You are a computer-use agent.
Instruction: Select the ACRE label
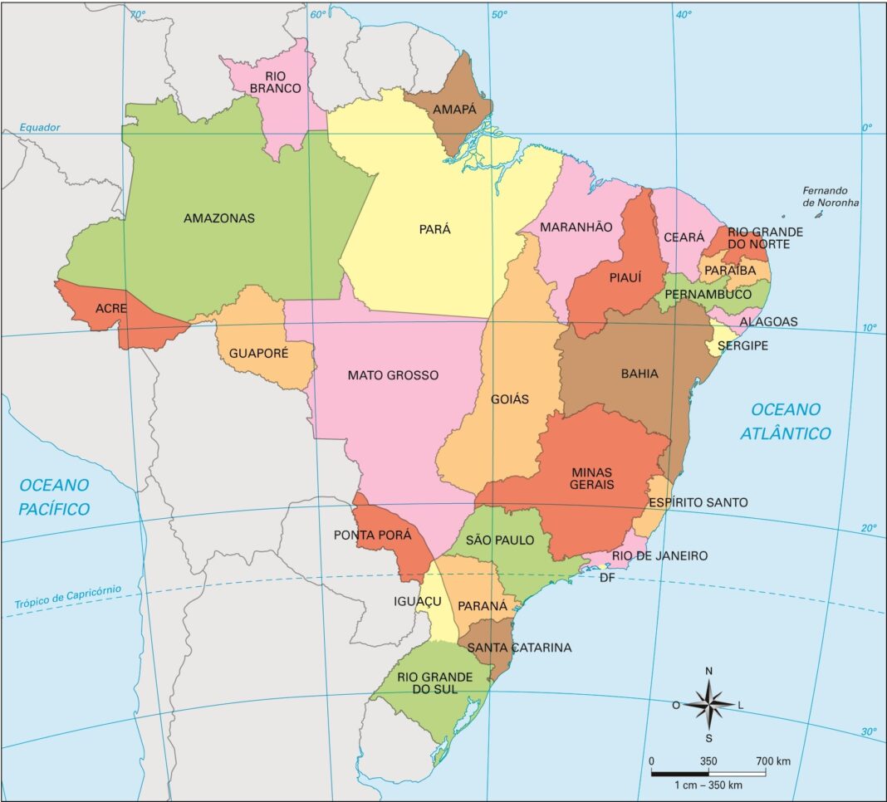click(x=110, y=308)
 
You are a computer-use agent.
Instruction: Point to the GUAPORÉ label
click(x=258, y=353)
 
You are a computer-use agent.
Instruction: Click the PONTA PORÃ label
click(x=372, y=535)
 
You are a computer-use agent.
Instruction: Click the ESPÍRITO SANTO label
click(x=698, y=502)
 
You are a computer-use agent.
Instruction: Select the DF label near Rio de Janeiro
click(x=607, y=577)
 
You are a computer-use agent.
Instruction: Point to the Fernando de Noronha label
click(x=831, y=196)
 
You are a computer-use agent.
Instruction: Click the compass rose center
click(x=708, y=704)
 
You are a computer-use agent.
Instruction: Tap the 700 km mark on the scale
click(x=772, y=760)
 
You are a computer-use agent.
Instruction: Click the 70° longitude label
click(x=137, y=14)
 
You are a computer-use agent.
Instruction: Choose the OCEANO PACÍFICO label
click(x=55, y=496)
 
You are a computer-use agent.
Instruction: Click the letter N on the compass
click(x=708, y=671)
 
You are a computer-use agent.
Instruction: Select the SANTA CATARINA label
click(x=519, y=648)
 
